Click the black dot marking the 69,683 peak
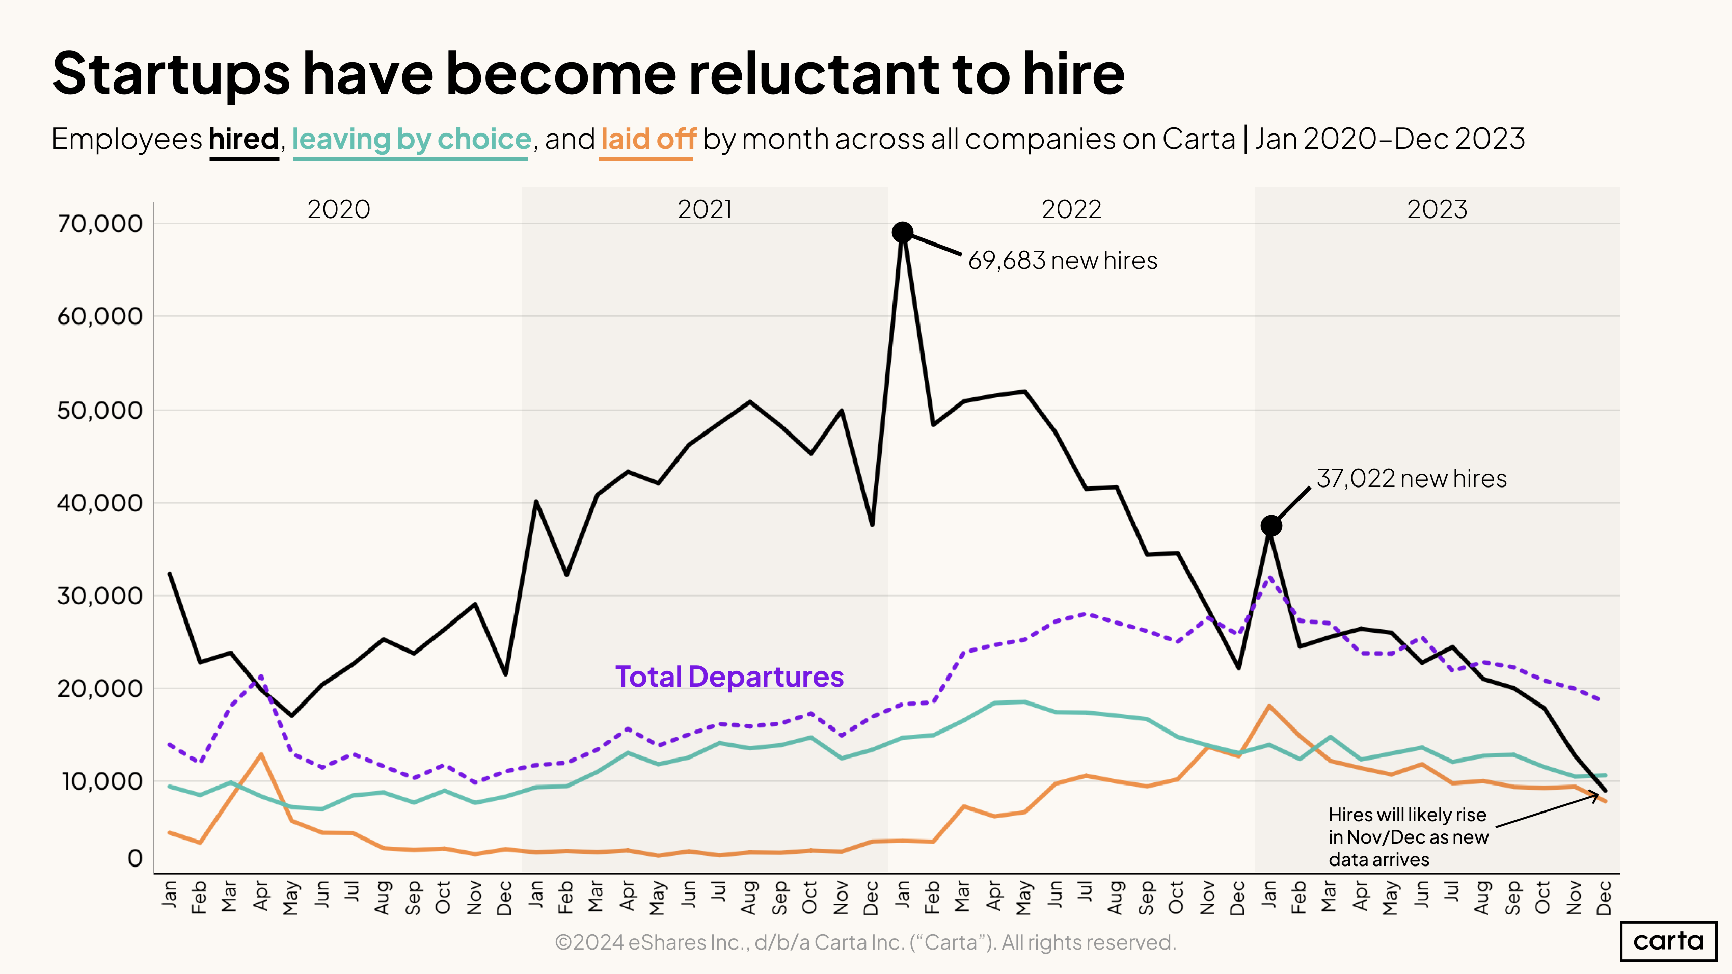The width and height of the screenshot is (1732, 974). [x=902, y=233]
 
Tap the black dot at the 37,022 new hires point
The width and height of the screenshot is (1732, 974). [x=1270, y=526]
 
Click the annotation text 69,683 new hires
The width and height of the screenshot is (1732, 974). [x=1062, y=261]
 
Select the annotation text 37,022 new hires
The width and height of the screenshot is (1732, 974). [x=1411, y=479]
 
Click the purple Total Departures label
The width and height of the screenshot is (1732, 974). [x=729, y=677]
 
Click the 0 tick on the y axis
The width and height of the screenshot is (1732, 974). [x=135, y=858]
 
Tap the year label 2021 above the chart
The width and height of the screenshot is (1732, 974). [x=704, y=210]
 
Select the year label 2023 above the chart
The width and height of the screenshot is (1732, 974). [x=1437, y=210]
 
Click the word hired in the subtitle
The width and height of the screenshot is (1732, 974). [x=243, y=139]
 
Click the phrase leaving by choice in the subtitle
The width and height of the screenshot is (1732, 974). [x=411, y=139]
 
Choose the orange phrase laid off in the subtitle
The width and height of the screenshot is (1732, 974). [x=647, y=139]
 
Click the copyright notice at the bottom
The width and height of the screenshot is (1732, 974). [x=865, y=942]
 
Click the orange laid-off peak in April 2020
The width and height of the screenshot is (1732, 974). [x=261, y=754]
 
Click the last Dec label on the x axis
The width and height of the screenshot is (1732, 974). [x=1604, y=898]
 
